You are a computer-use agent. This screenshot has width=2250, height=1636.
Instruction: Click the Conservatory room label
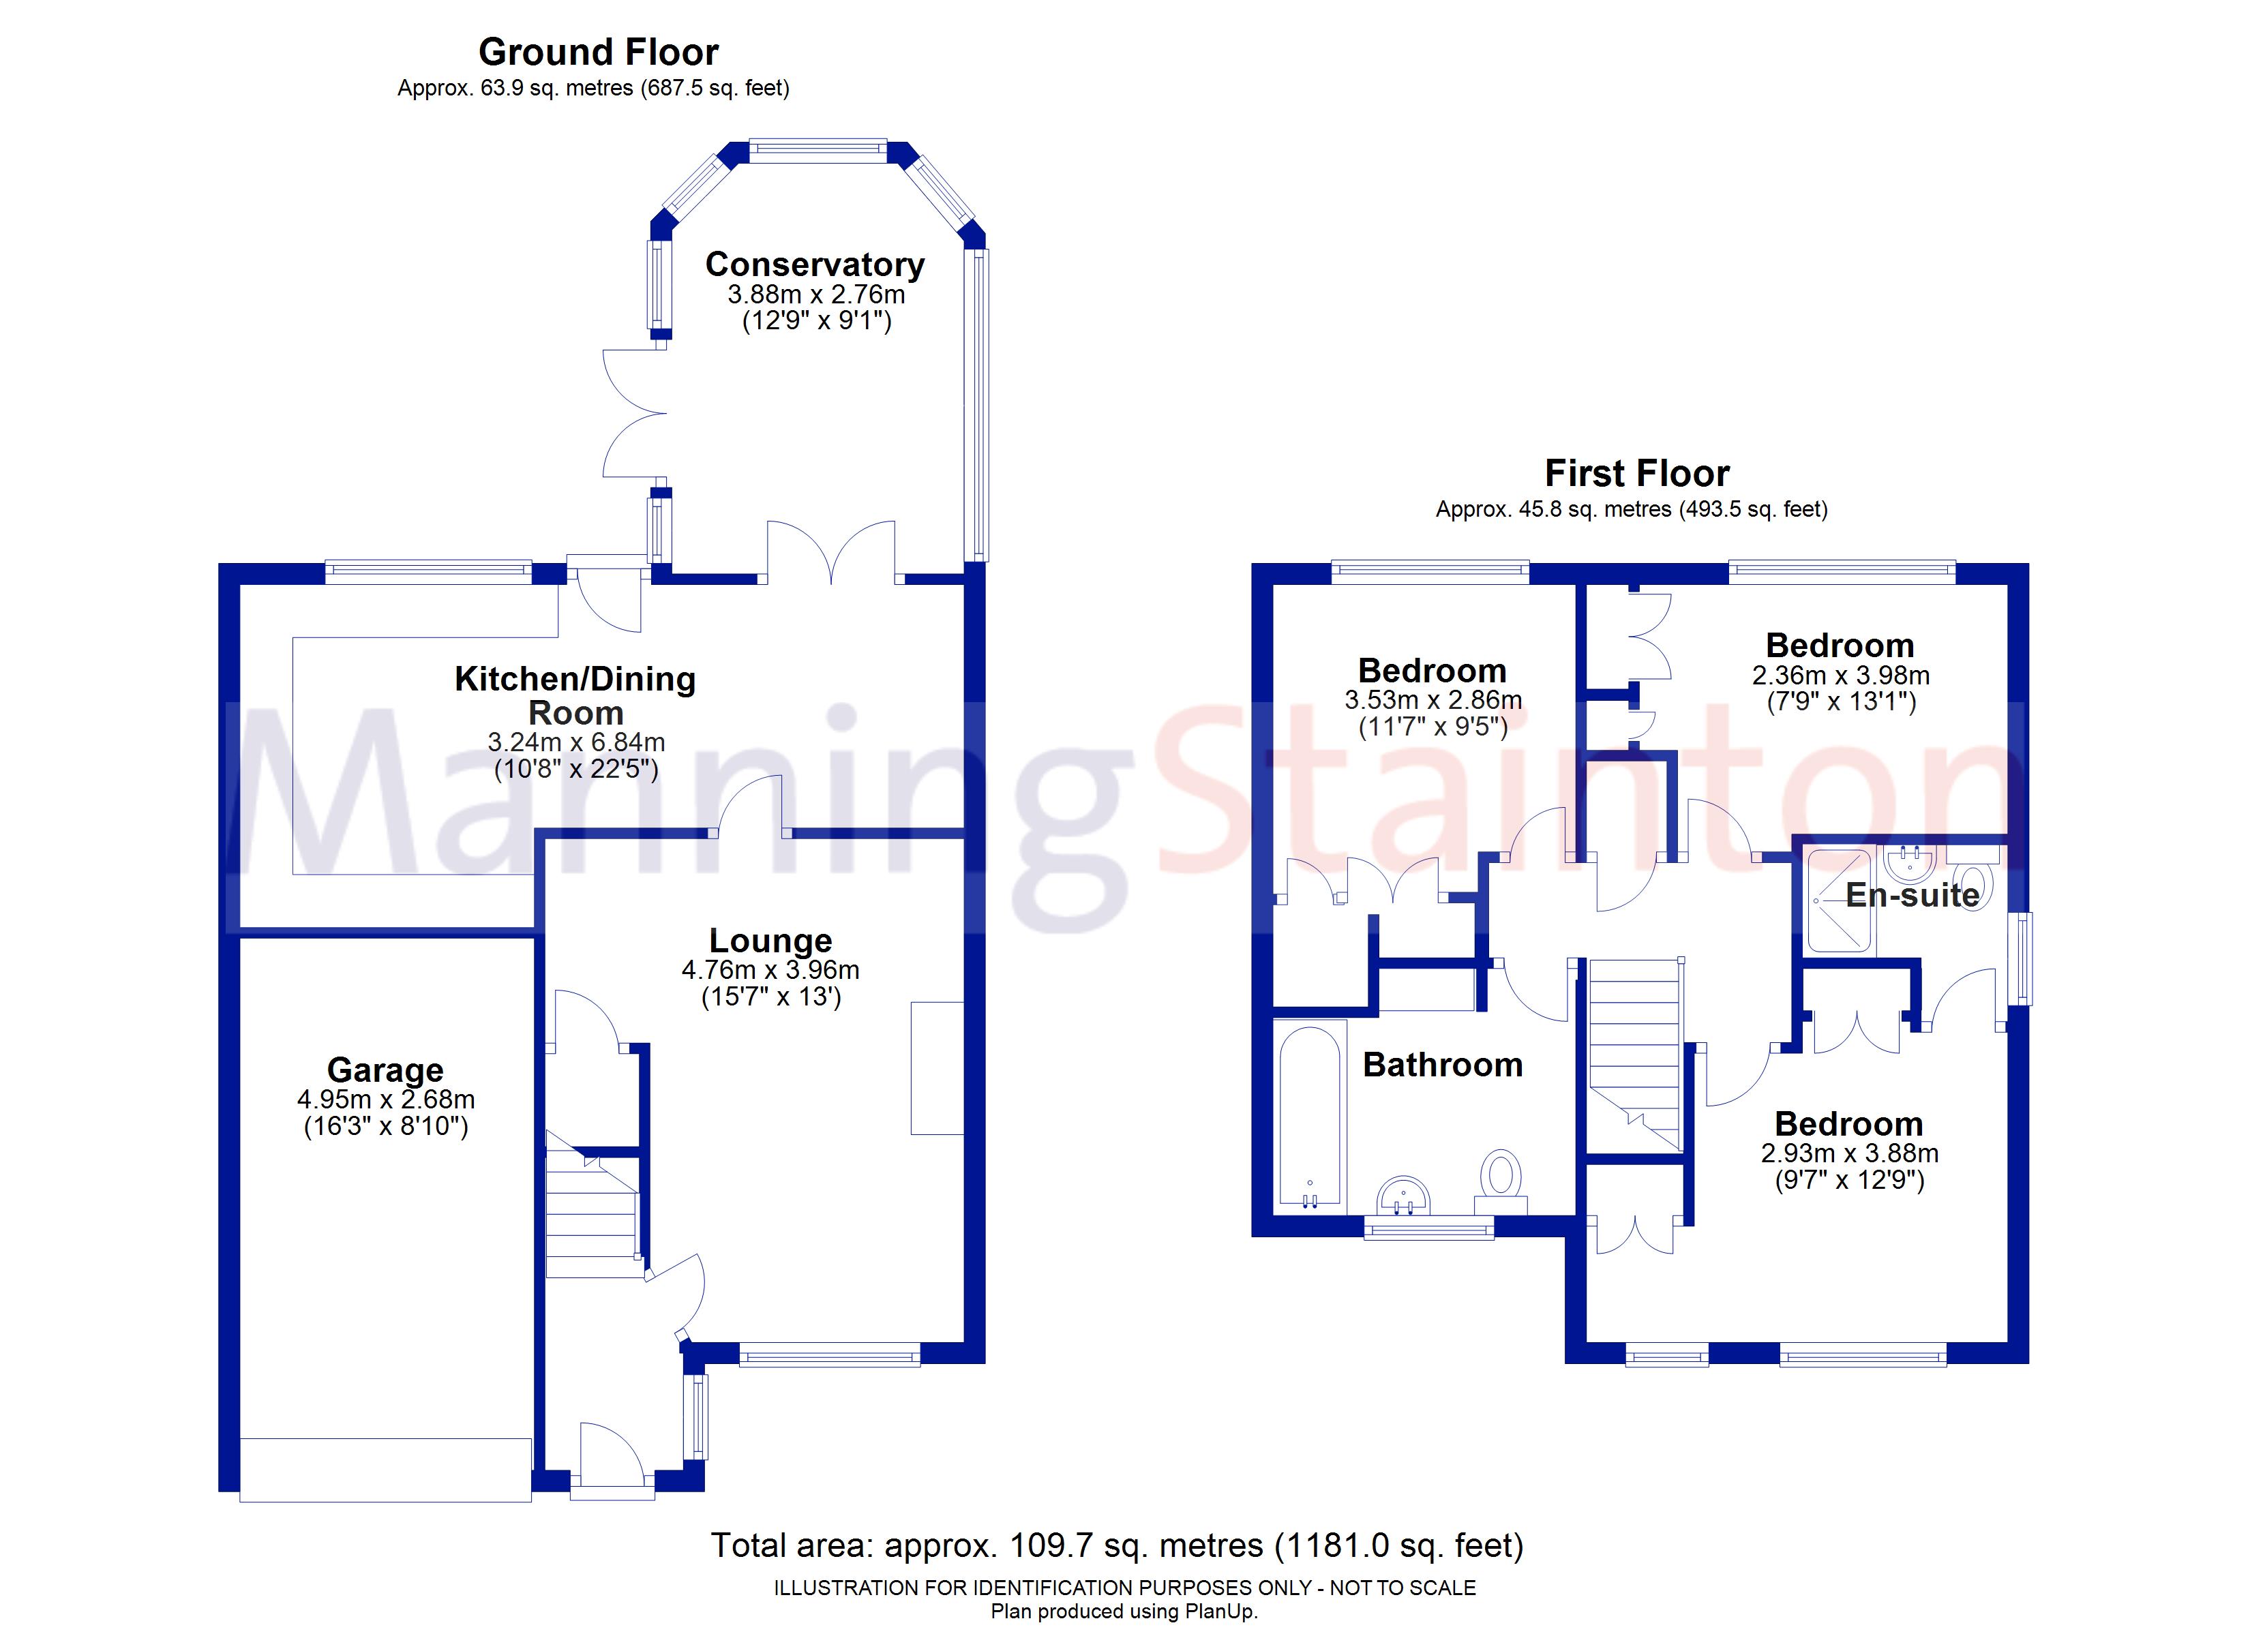(815, 265)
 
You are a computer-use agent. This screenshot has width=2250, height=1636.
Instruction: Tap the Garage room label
(385, 1070)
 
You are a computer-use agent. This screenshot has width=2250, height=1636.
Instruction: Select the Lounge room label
(771, 941)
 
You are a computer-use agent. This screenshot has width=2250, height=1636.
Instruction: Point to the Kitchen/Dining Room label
(575, 695)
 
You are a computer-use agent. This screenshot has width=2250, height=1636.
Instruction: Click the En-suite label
(1912, 895)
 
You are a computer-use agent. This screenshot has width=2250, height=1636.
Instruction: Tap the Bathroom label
(1443, 1065)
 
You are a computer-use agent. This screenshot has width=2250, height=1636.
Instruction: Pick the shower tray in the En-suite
(1838, 900)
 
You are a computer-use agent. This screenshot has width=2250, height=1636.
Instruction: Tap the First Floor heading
(1637, 473)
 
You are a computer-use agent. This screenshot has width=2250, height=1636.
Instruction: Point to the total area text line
(1117, 1546)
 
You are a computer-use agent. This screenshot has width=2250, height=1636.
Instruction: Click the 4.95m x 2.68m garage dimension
(386, 1100)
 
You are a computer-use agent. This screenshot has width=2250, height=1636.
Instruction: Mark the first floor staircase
(1635, 1056)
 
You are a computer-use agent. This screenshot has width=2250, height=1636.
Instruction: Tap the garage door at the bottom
(385, 1470)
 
